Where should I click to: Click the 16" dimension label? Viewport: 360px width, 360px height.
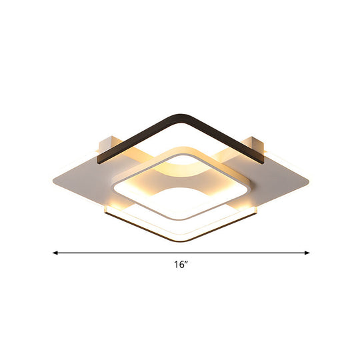pos(179,264)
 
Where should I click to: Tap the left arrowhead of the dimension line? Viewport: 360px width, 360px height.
pos(55,253)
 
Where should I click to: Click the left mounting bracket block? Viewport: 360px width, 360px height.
pos(107,144)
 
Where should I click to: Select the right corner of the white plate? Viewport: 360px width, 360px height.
pos(311,179)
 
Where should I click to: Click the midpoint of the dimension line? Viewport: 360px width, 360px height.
pos(181,253)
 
